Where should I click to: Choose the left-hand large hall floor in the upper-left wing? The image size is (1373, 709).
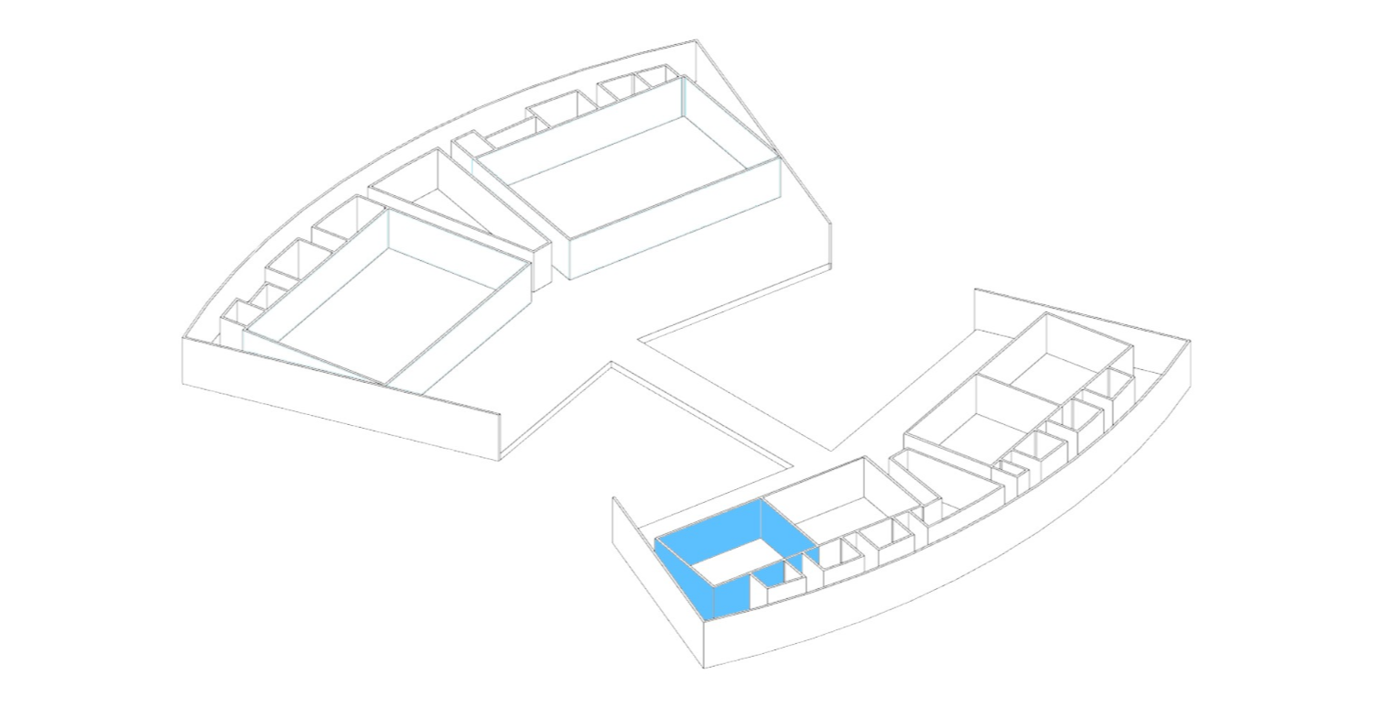pyautogui.click(x=384, y=302)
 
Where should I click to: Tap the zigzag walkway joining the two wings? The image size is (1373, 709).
pyautogui.click(x=714, y=394)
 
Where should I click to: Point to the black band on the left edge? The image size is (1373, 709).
pyautogui.click(x=69, y=354)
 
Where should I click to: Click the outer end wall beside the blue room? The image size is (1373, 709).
pyautogui.click(x=659, y=586)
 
